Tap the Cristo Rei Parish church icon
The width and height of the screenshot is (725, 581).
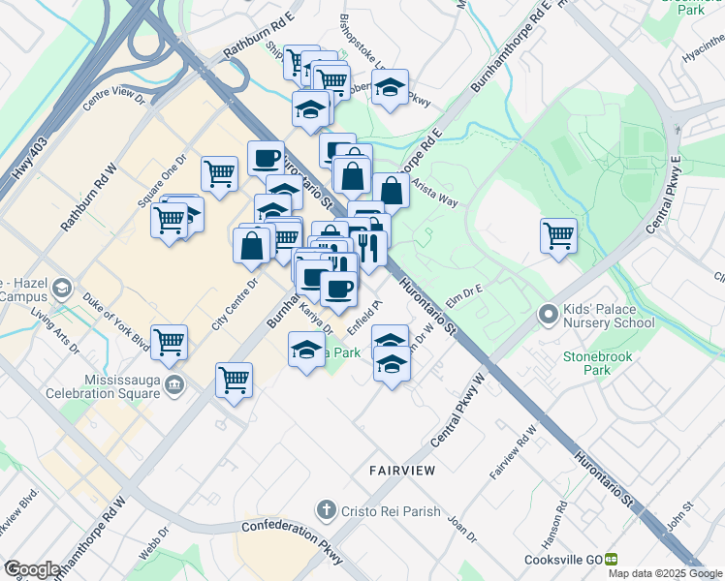coord(328,509)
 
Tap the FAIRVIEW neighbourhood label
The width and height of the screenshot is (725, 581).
coord(401,470)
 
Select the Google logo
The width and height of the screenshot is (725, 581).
coord(31,569)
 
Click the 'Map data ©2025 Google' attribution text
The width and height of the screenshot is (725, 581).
coord(664,573)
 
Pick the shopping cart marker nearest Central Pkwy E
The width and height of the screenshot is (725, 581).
coord(559,236)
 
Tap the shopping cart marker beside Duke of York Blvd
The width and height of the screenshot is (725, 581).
coord(169,343)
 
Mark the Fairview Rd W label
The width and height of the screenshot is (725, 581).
coord(513,452)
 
